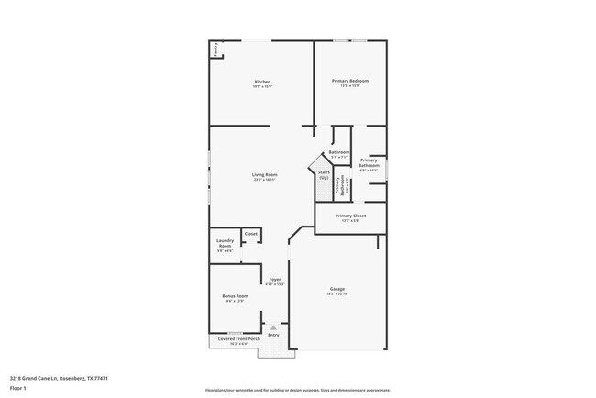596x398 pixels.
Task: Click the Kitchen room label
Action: pyautogui.click(x=262, y=83)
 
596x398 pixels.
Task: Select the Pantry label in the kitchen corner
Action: pyautogui.click(x=215, y=49)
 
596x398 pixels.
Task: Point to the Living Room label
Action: pyautogui.click(x=265, y=174)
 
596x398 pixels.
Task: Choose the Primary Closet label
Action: pyautogui.click(x=350, y=216)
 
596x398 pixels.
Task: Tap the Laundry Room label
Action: pyautogui.click(x=225, y=243)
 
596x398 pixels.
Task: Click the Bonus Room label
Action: pyautogui.click(x=236, y=296)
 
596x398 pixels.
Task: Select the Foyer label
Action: pyautogui.click(x=274, y=279)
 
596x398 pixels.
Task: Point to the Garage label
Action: pyautogui.click(x=337, y=289)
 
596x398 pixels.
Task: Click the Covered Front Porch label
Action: pyautogui.click(x=238, y=339)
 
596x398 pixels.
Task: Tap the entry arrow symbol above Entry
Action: pyautogui.click(x=272, y=326)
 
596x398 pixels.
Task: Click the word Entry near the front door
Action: pyautogui.click(x=273, y=336)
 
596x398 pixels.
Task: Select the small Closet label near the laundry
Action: pyautogui.click(x=250, y=234)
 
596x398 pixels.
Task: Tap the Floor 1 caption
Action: pyautogui.click(x=19, y=388)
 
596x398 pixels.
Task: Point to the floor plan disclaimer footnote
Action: pyautogui.click(x=297, y=390)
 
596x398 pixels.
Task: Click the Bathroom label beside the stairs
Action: pyautogui.click(x=339, y=151)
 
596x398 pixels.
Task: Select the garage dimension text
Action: pyautogui.click(x=337, y=294)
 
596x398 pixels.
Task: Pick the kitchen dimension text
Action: pyautogui.click(x=262, y=87)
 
